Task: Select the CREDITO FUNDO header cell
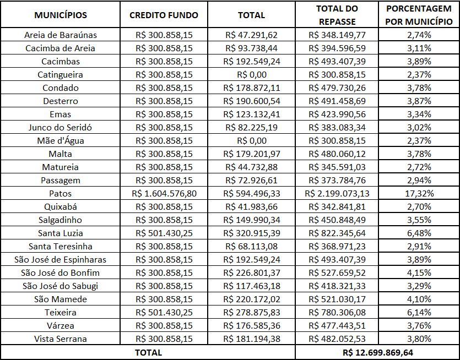click(x=164, y=15)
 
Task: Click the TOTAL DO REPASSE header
click(x=337, y=15)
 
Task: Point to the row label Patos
click(x=60, y=193)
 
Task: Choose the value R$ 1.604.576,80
click(x=164, y=193)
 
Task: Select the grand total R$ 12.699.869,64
click(x=377, y=352)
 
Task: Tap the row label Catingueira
click(x=60, y=74)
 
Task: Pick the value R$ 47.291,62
click(x=252, y=35)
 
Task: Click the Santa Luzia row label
click(x=60, y=233)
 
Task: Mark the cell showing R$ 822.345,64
click(x=337, y=233)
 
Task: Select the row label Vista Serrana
click(x=60, y=339)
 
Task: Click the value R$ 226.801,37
click(x=252, y=272)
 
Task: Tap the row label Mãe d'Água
click(x=60, y=140)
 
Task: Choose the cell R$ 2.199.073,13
click(x=337, y=193)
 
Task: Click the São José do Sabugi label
click(x=60, y=286)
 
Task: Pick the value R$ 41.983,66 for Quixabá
click(x=252, y=206)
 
